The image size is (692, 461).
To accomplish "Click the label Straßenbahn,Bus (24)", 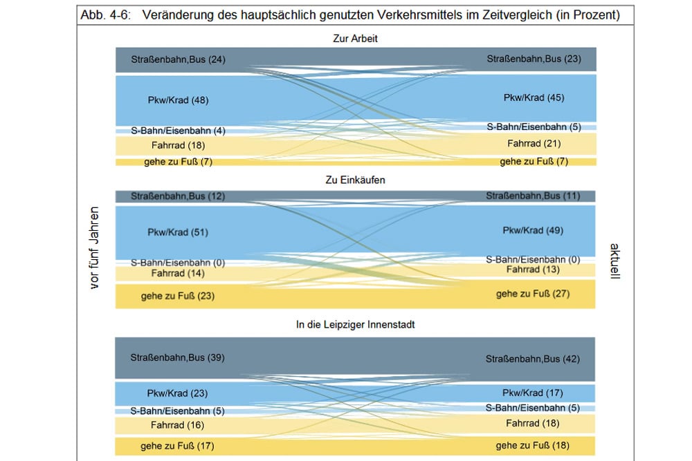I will coord(178,59).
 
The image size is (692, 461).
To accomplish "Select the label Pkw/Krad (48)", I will coord(178,100).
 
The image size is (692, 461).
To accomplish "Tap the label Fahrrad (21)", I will coord(534,144).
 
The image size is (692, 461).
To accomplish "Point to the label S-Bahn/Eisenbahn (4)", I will coord(178,131).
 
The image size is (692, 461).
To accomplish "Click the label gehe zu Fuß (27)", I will coord(533,294).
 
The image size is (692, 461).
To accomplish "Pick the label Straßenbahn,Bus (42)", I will coord(533,359).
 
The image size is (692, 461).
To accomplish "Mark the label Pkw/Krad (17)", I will coord(533,393).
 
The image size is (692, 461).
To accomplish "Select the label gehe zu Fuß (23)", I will coord(178,296).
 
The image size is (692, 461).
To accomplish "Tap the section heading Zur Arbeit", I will coord(355,39).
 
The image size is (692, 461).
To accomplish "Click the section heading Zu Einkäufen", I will coord(355,180).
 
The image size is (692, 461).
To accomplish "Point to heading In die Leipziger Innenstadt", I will coord(355,323).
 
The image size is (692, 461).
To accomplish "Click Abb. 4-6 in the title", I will coord(104,15).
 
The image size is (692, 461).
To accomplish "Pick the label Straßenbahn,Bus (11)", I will coord(533,196).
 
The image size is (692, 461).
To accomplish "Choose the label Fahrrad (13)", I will coord(533,269).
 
